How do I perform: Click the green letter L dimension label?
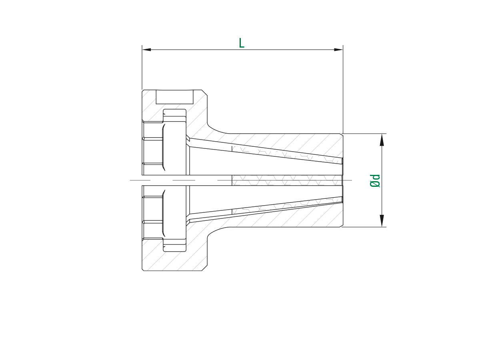[x=241, y=43]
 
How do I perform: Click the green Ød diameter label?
[x=375, y=181]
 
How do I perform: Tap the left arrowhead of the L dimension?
[x=146, y=50]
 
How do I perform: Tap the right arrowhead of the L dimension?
[x=338, y=50]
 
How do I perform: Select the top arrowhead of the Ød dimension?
[x=382, y=140]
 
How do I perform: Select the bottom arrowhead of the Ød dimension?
[x=382, y=220]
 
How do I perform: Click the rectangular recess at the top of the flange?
[x=174, y=97]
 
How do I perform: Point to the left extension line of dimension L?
[x=142, y=67]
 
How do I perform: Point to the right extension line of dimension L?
[x=343, y=89]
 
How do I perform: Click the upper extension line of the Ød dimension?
[x=364, y=134]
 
